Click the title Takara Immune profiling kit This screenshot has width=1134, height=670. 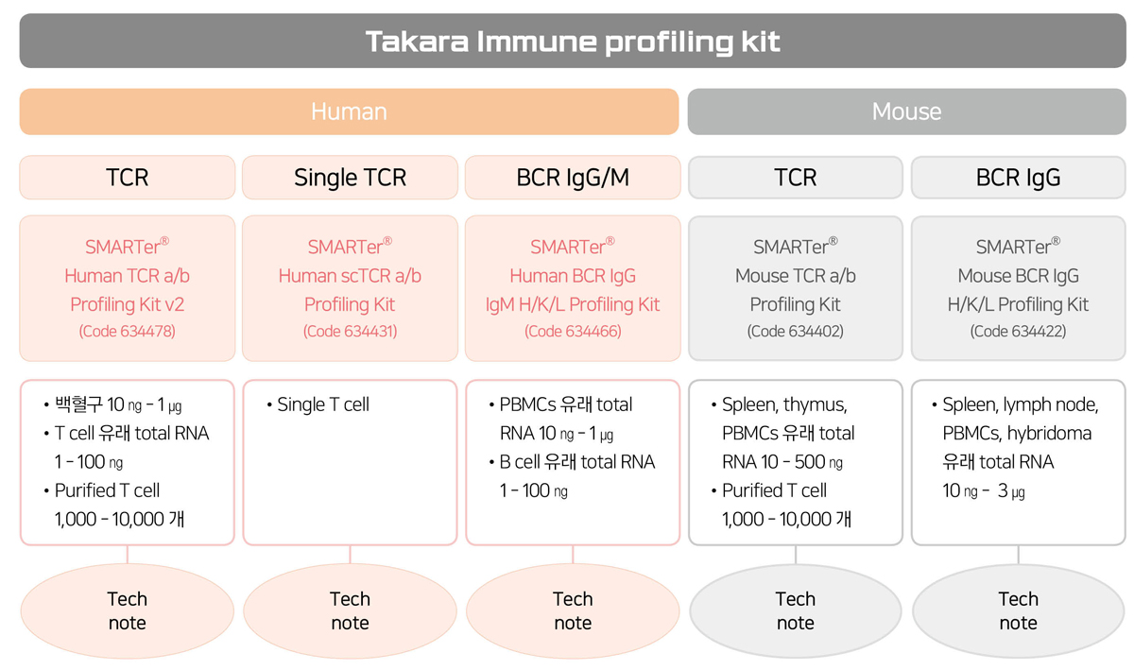coord(573,42)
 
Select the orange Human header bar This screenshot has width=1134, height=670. coord(349,112)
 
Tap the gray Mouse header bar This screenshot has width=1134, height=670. coord(906,112)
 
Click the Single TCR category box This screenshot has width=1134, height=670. coord(350,178)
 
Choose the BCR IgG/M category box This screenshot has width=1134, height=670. coord(573,178)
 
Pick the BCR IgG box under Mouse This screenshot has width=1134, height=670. coord(1018,178)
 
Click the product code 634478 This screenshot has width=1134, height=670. coord(127,331)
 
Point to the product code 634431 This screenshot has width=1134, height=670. coord(350,331)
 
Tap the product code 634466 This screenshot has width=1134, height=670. coord(573,331)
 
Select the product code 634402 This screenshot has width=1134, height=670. coord(796,331)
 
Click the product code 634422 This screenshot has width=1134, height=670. coord(1018,331)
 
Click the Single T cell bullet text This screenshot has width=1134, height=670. coord(323,404)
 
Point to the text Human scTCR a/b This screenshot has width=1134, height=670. coord(350,276)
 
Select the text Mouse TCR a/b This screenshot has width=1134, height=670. coord(796,276)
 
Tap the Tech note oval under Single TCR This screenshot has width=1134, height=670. coord(350,610)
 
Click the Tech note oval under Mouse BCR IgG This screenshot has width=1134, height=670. coord(1018,610)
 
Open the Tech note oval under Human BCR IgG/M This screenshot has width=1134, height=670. coord(573,610)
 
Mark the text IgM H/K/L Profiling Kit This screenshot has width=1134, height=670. coord(573,304)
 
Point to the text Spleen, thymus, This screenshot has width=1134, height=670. coord(784,404)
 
